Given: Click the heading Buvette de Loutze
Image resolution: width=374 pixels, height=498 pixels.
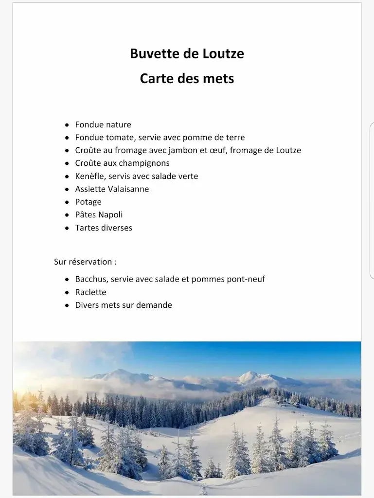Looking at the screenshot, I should (x=187, y=53).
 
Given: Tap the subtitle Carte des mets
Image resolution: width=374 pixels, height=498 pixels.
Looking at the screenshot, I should (x=187, y=78).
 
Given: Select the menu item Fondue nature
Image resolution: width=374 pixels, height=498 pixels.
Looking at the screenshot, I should (x=103, y=124).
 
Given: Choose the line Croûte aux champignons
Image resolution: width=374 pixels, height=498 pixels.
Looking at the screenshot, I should (x=122, y=163).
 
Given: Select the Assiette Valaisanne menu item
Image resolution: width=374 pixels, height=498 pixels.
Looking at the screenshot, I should (x=112, y=189).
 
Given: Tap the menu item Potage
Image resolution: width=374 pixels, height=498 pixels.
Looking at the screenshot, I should (x=88, y=202).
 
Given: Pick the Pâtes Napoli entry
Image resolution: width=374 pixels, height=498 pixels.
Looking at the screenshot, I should (x=99, y=215).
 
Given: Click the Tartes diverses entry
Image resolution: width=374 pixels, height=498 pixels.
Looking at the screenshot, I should (x=104, y=228).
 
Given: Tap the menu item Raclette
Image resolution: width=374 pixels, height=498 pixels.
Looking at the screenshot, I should (x=90, y=292).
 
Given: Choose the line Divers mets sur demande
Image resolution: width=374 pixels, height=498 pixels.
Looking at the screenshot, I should (x=124, y=305).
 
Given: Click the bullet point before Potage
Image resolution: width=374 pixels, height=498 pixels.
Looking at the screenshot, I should (x=67, y=202).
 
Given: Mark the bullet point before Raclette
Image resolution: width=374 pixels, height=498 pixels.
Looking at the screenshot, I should (x=67, y=293).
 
